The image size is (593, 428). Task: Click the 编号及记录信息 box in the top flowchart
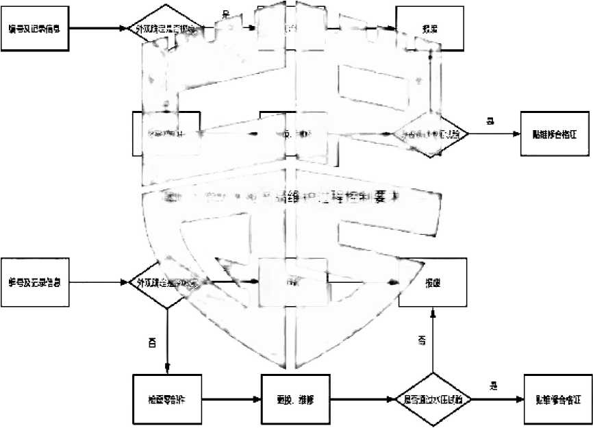click(x=36, y=29)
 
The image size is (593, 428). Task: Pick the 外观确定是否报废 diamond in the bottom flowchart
click(x=167, y=282)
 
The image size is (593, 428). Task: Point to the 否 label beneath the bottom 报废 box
click(x=422, y=340)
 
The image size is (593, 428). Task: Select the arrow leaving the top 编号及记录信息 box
click(x=100, y=29)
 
